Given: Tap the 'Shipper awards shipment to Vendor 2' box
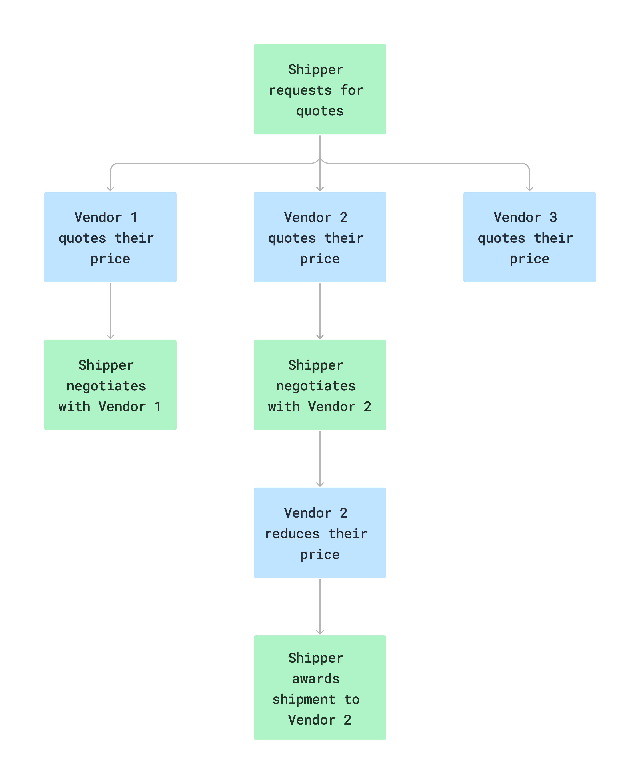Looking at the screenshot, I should (320, 688).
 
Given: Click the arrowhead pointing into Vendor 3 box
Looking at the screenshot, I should (529, 189).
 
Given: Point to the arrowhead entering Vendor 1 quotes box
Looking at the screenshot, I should (110, 189).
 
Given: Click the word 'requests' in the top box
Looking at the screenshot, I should (300, 90).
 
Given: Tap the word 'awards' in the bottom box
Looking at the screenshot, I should (316, 679).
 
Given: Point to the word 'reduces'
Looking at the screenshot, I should (292, 534).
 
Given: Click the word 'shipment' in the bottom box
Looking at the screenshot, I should (304, 699).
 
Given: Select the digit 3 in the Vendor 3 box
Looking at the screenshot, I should (553, 217).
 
